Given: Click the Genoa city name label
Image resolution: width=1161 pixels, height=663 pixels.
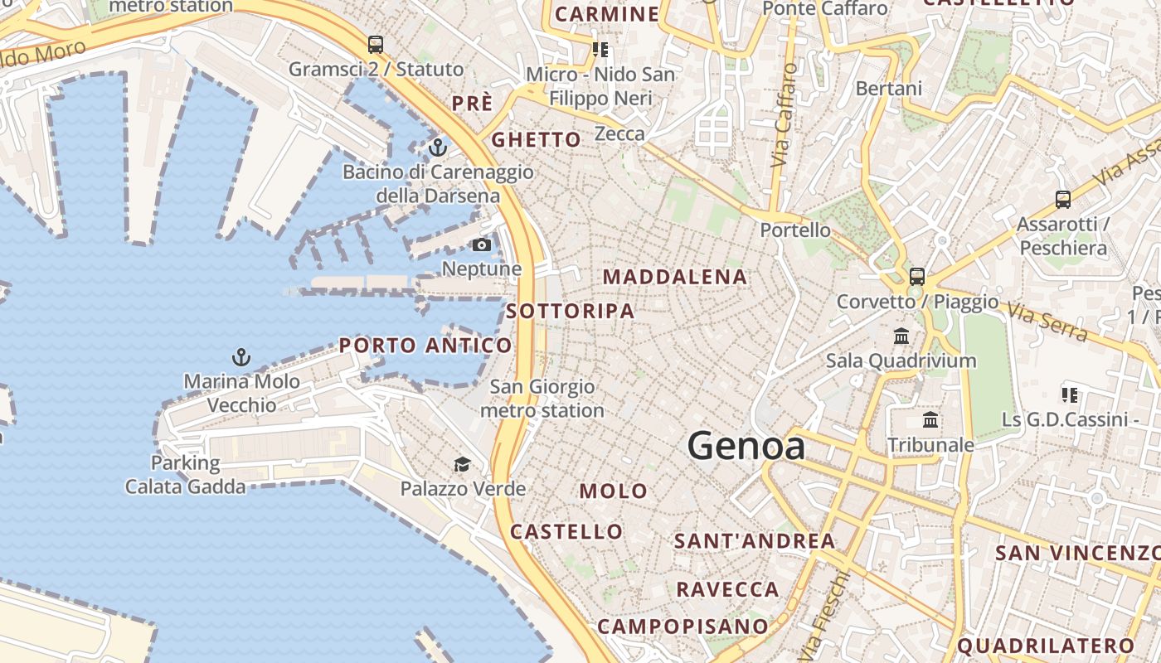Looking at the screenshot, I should click(746, 447).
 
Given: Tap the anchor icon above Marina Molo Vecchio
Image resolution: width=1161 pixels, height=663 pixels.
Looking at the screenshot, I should click(240, 357).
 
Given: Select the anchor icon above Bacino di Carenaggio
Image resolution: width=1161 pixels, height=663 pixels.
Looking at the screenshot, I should click(437, 148).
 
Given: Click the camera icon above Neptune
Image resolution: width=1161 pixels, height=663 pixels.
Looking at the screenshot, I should click(481, 244).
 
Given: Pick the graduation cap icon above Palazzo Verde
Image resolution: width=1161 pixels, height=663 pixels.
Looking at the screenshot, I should click(462, 464).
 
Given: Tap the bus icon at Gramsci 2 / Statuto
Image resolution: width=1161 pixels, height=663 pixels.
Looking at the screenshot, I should click(376, 45).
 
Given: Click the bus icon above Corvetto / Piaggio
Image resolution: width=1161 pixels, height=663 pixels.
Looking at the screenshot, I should click(916, 276).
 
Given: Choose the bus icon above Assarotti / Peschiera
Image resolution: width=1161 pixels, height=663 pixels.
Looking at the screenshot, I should click(1062, 199).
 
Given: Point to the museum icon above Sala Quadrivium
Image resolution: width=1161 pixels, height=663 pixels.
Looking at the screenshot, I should click(901, 336).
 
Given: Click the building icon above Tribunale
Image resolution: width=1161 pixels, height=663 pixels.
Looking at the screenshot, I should click(930, 420).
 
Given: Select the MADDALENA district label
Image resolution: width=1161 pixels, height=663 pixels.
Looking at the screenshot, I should click(675, 277).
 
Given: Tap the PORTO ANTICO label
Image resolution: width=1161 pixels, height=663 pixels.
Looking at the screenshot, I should click(425, 346).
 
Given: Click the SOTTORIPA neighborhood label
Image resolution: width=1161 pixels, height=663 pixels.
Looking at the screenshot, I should click(571, 312).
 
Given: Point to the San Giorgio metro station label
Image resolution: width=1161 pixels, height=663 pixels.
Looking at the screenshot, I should click(542, 399).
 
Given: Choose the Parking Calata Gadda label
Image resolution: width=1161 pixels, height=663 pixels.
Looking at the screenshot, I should click(186, 474).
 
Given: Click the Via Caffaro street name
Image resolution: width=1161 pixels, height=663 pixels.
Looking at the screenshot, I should click(782, 116).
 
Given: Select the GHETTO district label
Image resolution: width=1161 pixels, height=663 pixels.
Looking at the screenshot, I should click(537, 139).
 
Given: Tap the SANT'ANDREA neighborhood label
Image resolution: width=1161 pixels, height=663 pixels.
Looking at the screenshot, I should click(755, 541).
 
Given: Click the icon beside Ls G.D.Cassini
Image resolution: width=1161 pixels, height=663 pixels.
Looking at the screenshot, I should click(1069, 395).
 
